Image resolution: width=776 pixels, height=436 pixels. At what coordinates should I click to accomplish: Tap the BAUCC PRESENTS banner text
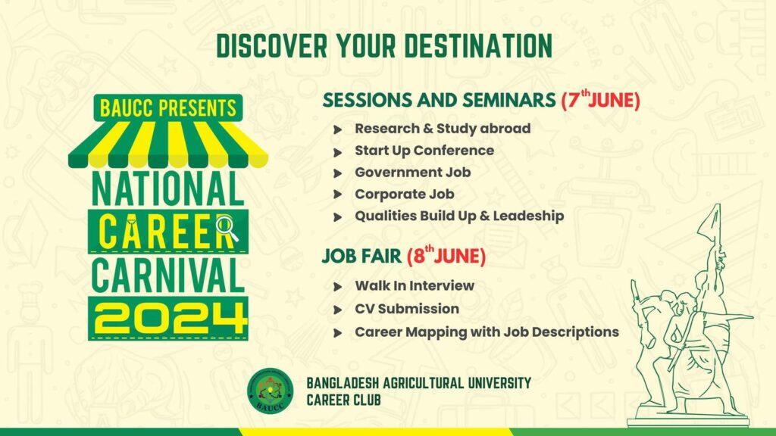tap(168, 107)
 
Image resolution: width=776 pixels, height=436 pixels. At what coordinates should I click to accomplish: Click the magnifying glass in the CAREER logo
tap(227, 228)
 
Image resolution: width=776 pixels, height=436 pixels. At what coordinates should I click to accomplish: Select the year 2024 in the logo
tap(169, 319)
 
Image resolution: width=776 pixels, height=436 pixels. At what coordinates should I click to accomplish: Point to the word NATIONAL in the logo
tap(168, 188)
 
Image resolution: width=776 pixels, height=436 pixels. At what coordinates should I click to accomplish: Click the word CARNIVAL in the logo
tap(168, 276)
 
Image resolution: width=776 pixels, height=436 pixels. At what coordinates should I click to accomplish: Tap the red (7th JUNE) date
tap(600, 99)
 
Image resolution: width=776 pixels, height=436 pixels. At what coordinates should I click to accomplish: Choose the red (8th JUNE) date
tap(446, 256)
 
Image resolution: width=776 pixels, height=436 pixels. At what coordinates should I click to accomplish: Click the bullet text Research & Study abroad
tap(443, 129)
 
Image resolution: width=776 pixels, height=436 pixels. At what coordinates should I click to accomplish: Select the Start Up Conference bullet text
tap(424, 151)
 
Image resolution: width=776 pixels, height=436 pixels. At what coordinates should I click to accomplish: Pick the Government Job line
tap(413, 172)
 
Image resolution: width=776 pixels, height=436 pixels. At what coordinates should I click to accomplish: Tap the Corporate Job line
tap(405, 195)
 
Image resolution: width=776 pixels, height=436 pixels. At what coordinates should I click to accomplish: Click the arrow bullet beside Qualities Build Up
tap(338, 217)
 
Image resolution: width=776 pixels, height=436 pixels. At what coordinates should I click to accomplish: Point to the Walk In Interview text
tap(415, 285)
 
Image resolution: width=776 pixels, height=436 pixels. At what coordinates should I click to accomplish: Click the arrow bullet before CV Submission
tap(338, 310)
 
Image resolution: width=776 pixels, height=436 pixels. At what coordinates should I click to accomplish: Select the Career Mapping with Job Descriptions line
tap(487, 332)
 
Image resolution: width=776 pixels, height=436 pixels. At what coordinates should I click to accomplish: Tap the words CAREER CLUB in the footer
tap(343, 400)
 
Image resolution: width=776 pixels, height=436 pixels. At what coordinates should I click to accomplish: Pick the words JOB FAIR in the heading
tap(361, 256)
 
